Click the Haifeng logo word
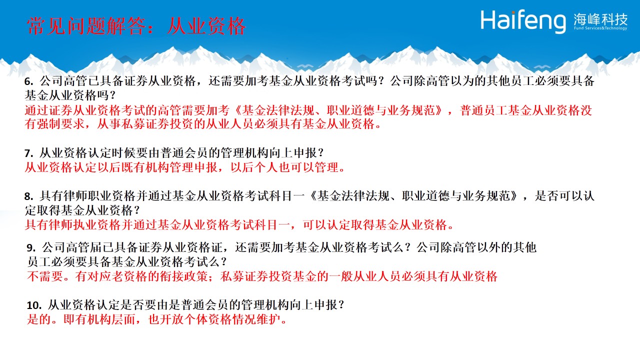pyautogui.click(x=523, y=21)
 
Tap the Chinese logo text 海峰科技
pyautogui.click(x=600, y=19)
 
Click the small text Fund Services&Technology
pyautogui.click(x=600, y=28)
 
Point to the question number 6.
pyautogui.click(x=28, y=81)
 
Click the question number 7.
pyautogui.click(x=28, y=153)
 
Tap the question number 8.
pyautogui.click(x=28, y=196)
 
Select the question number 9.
pyautogui.click(x=31, y=247)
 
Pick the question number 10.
pyautogui.click(x=34, y=305)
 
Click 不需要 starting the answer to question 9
pyautogui.click(x=45, y=276)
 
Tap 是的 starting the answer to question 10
pyautogui.click(x=39, y=319)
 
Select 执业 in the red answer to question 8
pyautogui.click(x=85, y=225)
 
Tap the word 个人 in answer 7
pyautogui.click(x=266, y=167)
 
